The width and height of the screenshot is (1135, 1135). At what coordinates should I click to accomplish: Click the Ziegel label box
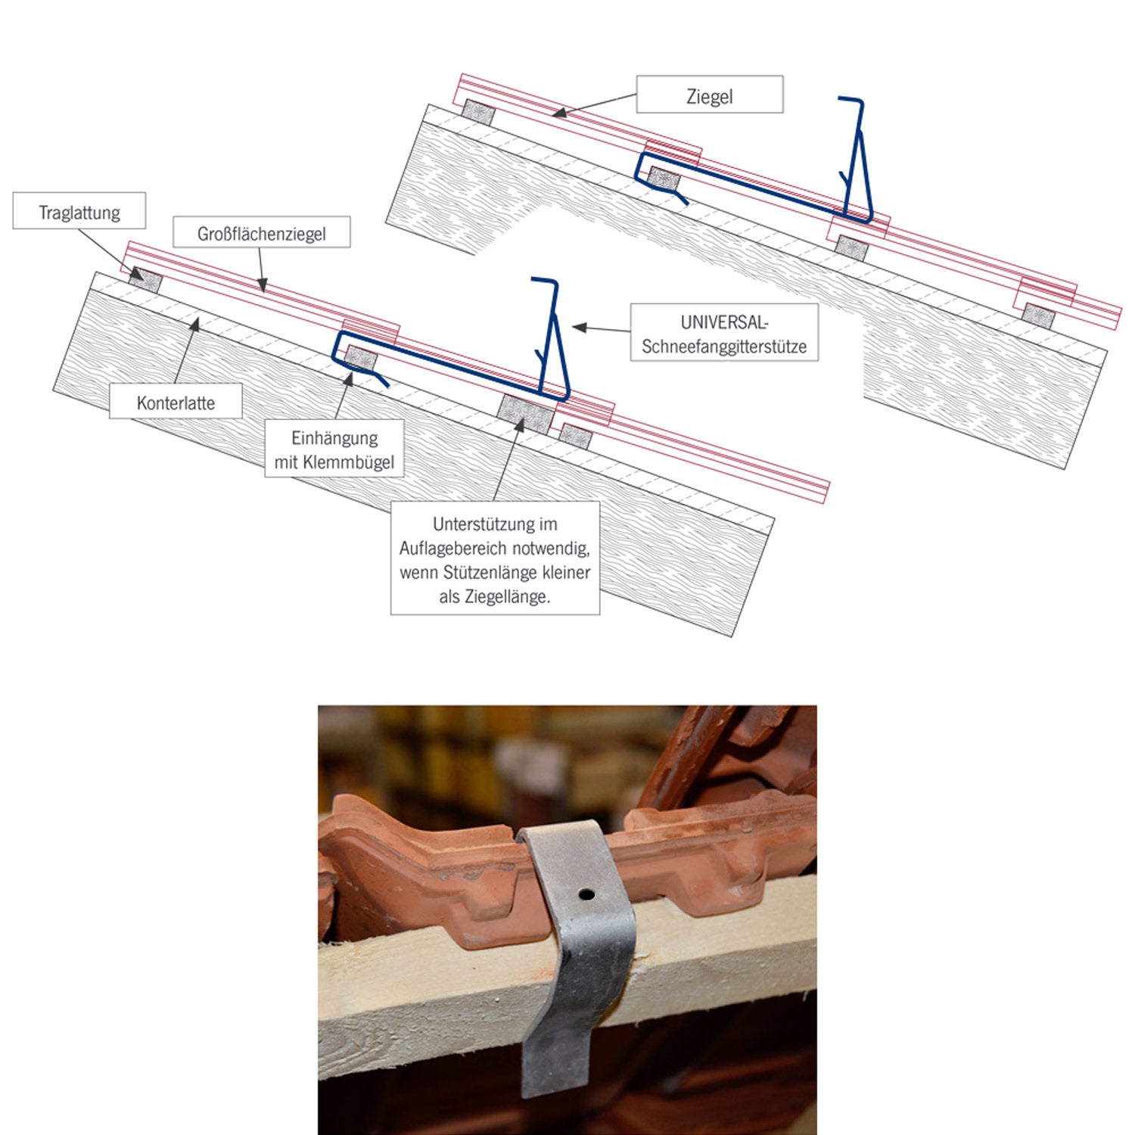coord(709,95)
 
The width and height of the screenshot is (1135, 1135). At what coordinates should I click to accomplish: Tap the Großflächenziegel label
coord(262,232)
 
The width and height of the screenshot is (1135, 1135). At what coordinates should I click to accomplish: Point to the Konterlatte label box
coord(176,402)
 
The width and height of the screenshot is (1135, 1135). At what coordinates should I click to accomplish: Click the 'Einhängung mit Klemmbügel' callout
coord(334,449)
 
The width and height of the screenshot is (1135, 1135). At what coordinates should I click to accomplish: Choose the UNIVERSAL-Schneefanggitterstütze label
coord(724,333)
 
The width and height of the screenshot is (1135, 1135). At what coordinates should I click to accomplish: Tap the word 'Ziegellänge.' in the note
coord(495,596)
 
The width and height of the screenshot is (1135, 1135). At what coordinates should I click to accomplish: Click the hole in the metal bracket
coord(586,894)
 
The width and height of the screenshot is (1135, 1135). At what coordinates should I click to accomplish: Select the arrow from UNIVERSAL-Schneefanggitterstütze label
coord(602,328)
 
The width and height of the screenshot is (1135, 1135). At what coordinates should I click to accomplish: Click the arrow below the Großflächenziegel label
coord(261,269)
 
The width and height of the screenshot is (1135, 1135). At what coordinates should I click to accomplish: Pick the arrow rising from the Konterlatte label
coord(187,351)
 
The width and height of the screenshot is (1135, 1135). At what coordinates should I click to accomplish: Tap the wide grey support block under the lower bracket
coord(526,415)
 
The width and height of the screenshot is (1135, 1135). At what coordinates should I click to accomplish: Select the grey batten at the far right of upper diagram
coord(1039,316)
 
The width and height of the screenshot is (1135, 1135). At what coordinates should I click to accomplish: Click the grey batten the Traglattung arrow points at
coord(145,281)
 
